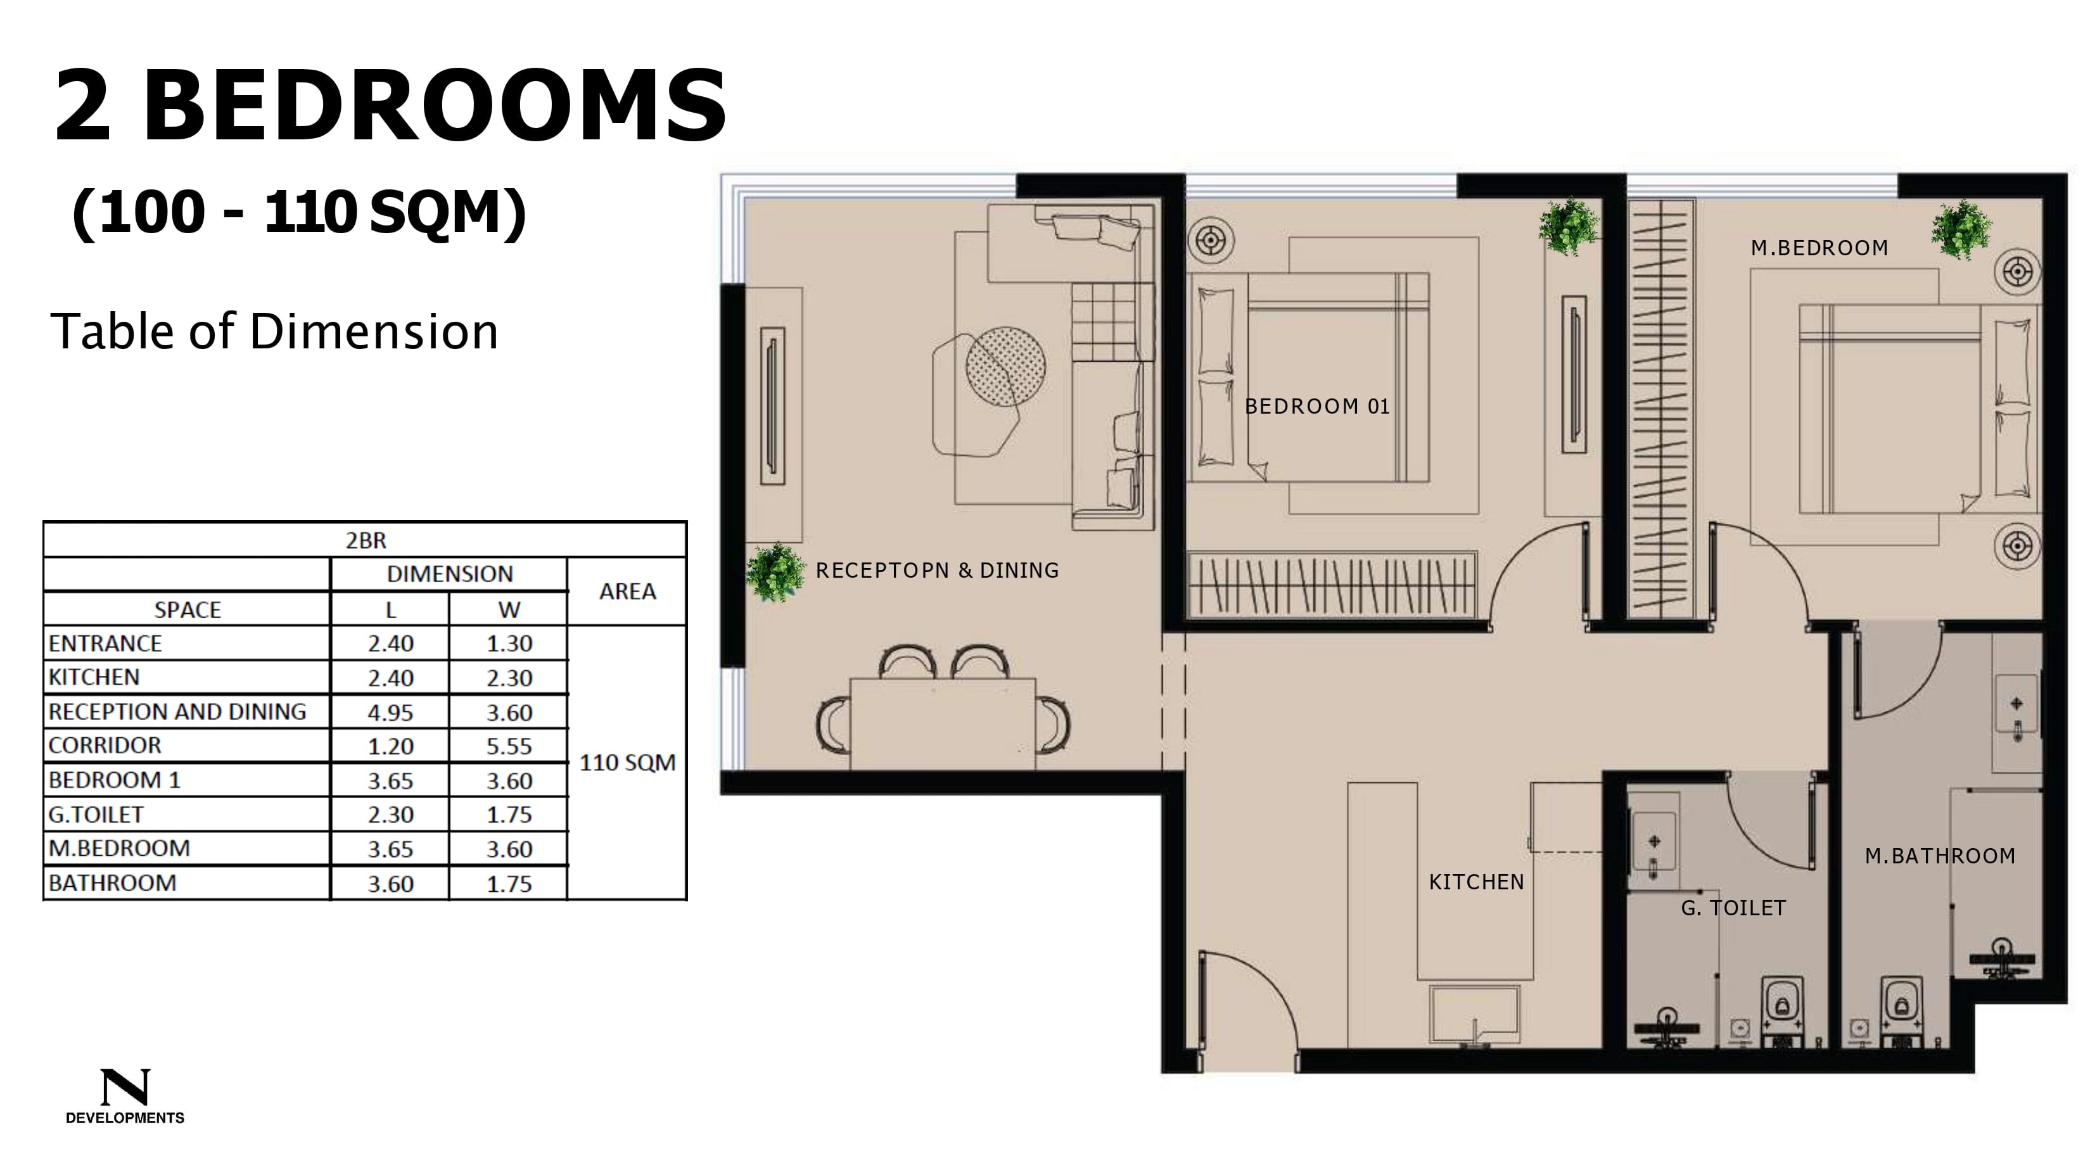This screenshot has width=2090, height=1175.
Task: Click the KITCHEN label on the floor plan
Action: (x=1476, y=882)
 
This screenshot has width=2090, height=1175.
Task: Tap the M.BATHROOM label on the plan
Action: (x=1940, y=856)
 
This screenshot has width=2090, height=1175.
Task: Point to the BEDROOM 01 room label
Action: (x=1317, y=407)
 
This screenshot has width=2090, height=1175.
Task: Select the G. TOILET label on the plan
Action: (x=1733, y=908)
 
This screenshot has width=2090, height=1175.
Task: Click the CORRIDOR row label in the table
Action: (x=105, y=745)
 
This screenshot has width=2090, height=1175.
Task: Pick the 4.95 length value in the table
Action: (x=390, y=713)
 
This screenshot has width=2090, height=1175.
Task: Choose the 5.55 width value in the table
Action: (x=509, y=746)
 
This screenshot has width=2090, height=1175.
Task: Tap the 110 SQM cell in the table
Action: (x=627, y=763)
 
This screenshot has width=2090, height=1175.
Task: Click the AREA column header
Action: (x=627, y=592)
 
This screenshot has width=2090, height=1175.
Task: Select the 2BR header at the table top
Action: (x=366, y=540)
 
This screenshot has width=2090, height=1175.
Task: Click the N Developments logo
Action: (x=125, y=1096)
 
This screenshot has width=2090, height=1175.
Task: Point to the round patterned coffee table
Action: (x=1005, y=366)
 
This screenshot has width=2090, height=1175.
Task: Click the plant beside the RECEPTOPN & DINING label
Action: (x=775, y=571)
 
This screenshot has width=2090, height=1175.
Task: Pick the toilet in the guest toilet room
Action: (x=1783, y=1010)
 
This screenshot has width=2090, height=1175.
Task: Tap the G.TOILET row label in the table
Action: (x=96, y=814)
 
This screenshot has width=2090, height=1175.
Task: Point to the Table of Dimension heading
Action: (x=274, y=331)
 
